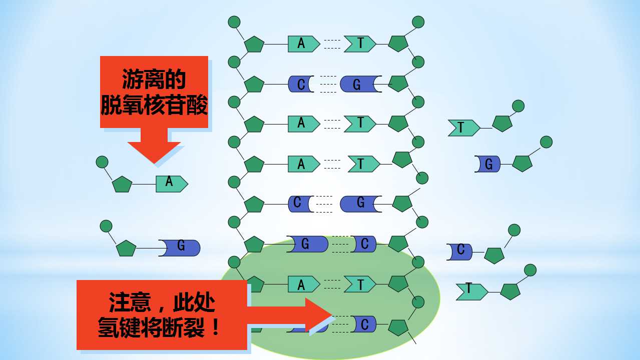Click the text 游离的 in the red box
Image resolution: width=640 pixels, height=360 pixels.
(x=154, y=79)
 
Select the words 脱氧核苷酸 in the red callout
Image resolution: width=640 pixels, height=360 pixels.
(x=154, y=105)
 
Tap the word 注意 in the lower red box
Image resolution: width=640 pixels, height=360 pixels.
(x=130, y=302)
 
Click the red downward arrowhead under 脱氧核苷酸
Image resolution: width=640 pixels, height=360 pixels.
(x=154, y=152)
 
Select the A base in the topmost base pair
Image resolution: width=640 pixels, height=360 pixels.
(x=304, y=44)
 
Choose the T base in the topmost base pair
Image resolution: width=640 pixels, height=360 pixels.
(x=360, y=44)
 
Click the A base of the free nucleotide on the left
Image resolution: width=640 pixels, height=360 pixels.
(x=172, y=184)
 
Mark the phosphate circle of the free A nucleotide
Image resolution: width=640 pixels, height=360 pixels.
(x=102, y=162)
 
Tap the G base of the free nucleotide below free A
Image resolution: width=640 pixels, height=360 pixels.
(x=180, y=248)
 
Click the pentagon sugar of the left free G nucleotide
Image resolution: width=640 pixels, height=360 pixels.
(x=126, y=248)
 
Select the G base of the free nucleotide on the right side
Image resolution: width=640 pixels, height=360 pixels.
(x=487, y=164)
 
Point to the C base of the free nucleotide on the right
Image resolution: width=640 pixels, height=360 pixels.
(x=459, y=252)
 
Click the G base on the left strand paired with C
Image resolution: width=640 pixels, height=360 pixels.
(x=307, y=244)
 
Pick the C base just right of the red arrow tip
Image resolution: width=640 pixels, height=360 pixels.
(x=363, y=324)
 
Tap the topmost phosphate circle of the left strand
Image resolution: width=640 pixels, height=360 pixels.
(x=234, y=22)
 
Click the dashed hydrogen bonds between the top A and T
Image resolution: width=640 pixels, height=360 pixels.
(x=332, y=44)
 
